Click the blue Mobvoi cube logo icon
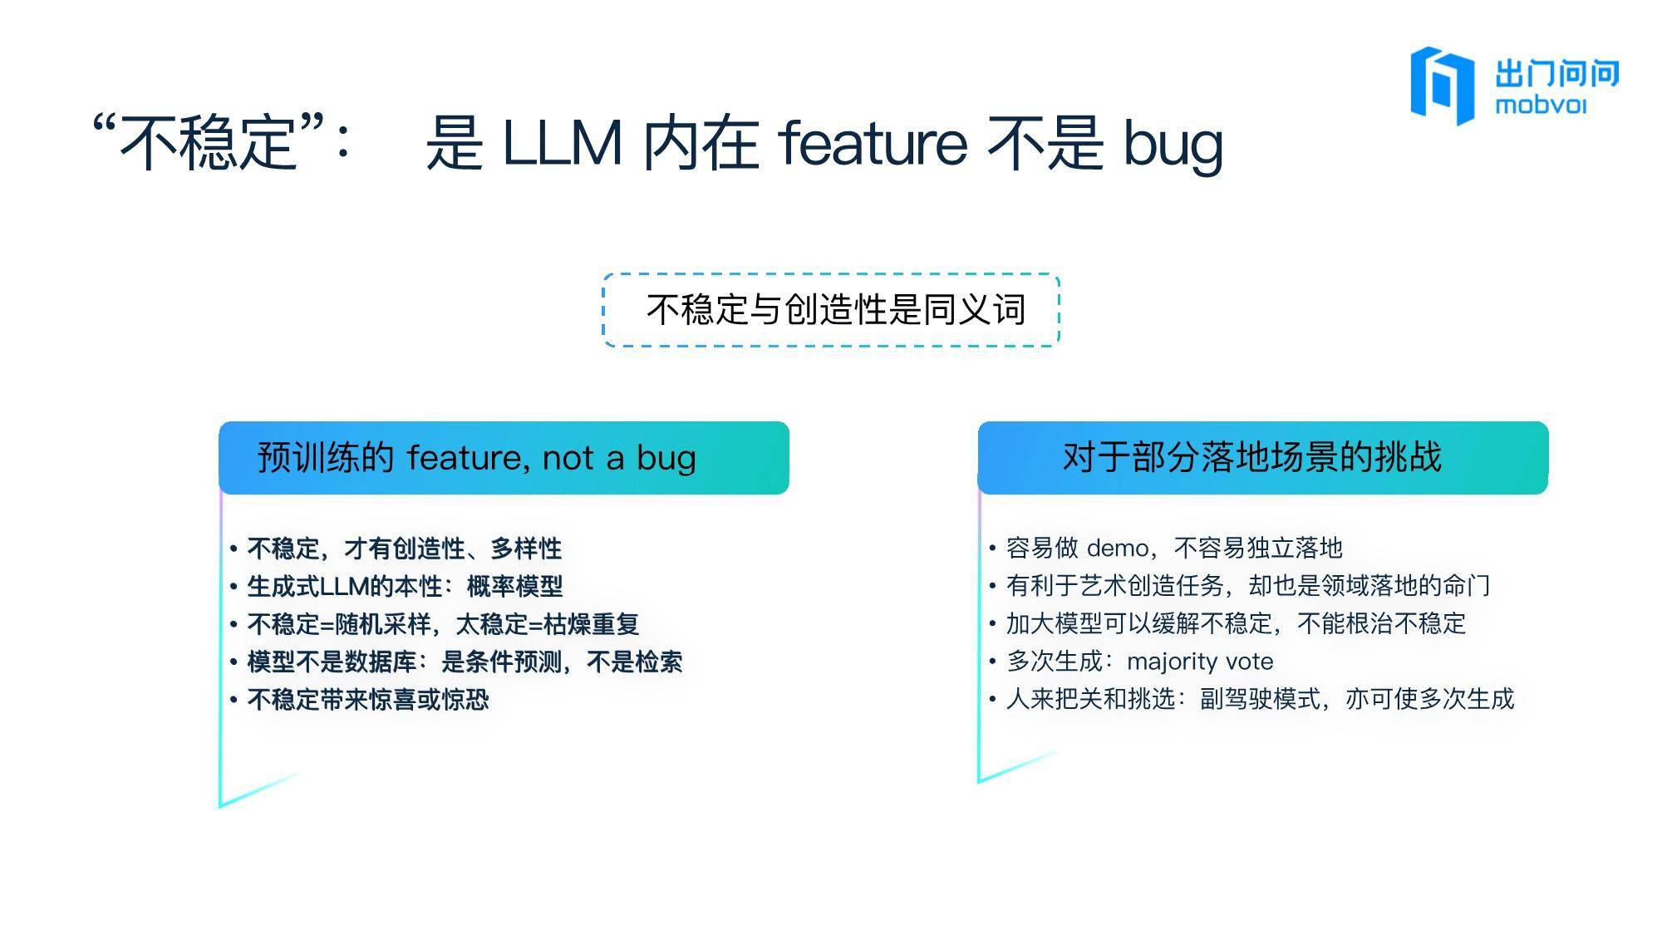click(1442, 85)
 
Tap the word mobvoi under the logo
click(1541, 106)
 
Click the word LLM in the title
click(563, 143)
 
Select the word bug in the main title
click(1173, 145)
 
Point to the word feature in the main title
click(873, 143)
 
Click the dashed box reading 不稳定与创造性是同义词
click(832, 310)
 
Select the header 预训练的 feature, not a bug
click(504, 458)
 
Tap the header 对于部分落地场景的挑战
click(1263, 458)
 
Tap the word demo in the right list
click(1118, 549)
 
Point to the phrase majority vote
click(1200, 662)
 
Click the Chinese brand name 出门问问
click(1557, 73)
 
